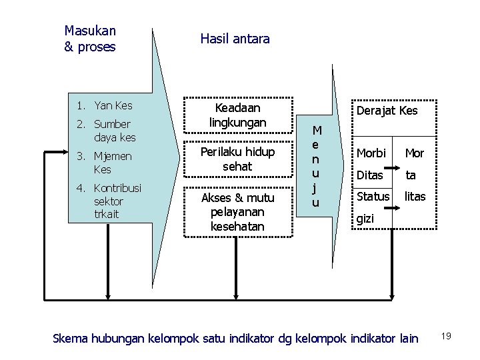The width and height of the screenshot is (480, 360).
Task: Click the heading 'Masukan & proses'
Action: point(90,39)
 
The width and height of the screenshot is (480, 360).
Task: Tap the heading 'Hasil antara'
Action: point(235,39)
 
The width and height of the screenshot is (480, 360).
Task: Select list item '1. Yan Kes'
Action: point(105,105)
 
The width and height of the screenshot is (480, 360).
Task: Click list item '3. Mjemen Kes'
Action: point(105,163)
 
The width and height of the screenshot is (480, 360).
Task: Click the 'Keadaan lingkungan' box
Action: point(237,115)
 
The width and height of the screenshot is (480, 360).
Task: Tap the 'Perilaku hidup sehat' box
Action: point(237,159)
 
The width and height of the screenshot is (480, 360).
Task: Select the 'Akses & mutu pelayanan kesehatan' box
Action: point(237,212)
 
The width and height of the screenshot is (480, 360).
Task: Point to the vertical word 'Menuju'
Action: point(317,166)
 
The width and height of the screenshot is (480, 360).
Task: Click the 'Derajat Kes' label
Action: point(387,111)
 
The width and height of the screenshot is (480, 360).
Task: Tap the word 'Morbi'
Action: point(371,153)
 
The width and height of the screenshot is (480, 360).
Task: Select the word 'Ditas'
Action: point(370,175)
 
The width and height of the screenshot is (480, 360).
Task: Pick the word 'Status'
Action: point(373,197)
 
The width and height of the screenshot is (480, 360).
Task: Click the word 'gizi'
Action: point(366,218)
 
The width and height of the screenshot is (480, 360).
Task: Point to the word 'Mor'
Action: point(415,153)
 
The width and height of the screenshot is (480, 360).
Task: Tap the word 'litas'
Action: point(415,197)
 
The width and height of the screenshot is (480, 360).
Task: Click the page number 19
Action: point(446,336)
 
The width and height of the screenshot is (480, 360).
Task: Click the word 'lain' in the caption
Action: point(407,339)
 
